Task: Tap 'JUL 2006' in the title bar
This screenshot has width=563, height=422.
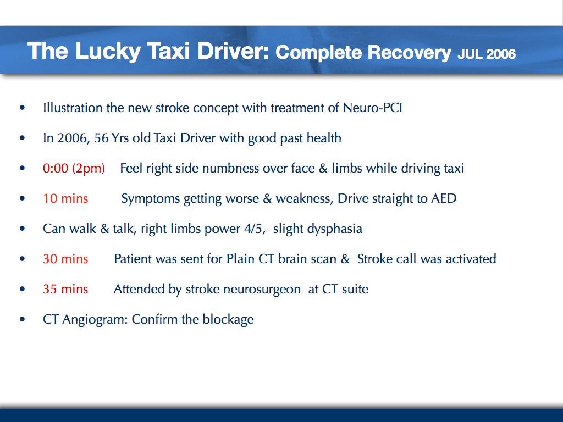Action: pyautogui.click(x=487, y=54)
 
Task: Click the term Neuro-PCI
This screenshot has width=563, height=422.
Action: pyautogui.click(x=373, y=108)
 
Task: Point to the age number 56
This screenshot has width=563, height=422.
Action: pyautogui.click(x=102, y=138)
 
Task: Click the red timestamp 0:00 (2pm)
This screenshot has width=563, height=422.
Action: pyautogui.click(x=74, y=168)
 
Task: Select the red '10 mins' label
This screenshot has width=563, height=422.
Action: pyautogui.click(x=65, y=198)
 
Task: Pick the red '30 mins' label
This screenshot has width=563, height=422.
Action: pyautogui.click(x=65, y=258)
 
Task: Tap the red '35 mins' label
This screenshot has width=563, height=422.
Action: pyautogui.click(x=65, y=288)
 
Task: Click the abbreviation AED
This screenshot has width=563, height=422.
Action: pyautogui.click(x=444, y=198)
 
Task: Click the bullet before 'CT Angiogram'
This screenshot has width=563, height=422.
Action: pyautogui.click(x=22, y=319)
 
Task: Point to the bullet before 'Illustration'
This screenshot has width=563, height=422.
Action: pyautogui.click(x=22, y=108)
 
